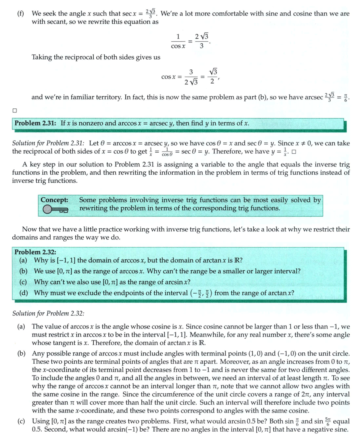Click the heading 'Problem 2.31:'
coord(36,123)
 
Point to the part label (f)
coord(21,14)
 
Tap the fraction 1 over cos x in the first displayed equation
coord(178,41)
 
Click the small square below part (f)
coord(14,110)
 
